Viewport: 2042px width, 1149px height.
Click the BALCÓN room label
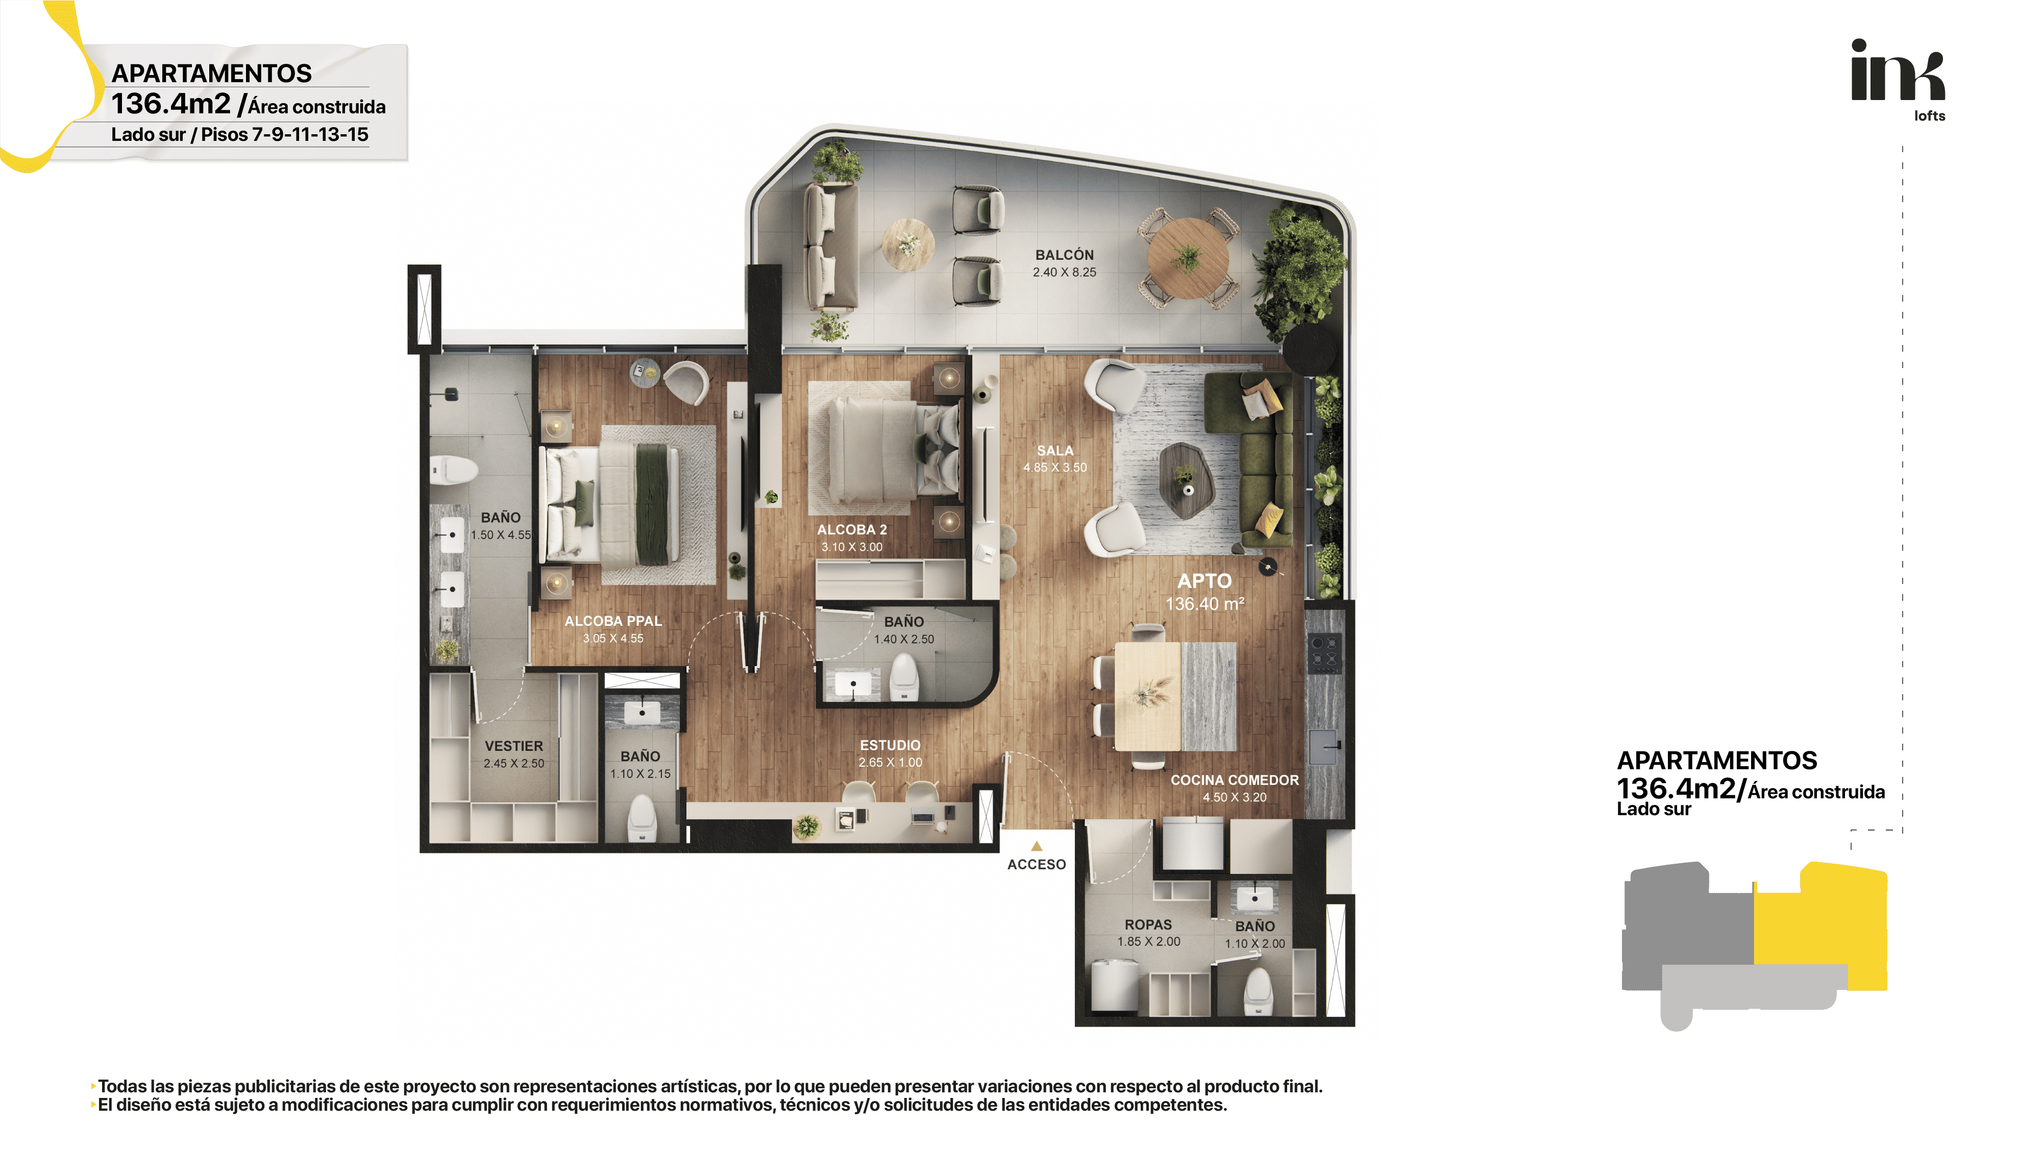[1064, 255]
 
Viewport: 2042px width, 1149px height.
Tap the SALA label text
[1054, 450]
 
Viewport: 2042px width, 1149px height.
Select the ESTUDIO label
[890, 745]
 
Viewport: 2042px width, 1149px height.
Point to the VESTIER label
[513, 746]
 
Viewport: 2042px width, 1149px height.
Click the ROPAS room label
[1148, 924]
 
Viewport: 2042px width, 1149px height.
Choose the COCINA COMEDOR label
[1234, 780]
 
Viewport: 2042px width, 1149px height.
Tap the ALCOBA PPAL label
[613, 621]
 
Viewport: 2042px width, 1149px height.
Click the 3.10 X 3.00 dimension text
[851, 547]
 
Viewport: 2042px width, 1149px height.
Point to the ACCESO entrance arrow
[1036, 846]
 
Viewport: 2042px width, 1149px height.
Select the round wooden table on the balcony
[1188, 258]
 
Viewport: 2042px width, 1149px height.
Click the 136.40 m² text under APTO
[1204, 604]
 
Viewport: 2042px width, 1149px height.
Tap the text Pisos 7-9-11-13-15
[285, 135]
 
